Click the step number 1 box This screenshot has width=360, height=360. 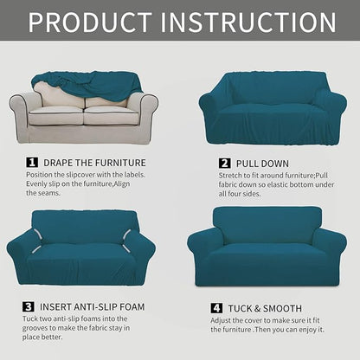pos(32,162)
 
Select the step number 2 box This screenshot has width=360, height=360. pos(224,162)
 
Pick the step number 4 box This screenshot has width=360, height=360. pos(215,308)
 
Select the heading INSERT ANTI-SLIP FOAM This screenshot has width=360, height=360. pos(96,306)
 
